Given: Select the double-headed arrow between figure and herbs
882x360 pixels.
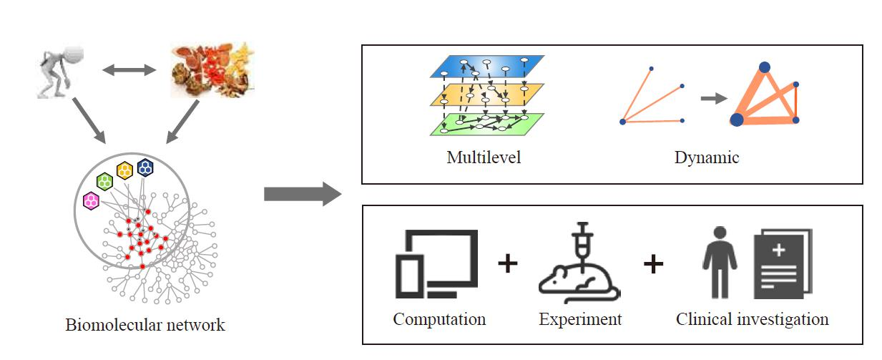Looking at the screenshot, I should point(129,70).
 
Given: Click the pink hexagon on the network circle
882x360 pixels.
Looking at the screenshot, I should point(92,201).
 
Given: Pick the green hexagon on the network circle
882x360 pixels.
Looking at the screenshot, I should point(105,181).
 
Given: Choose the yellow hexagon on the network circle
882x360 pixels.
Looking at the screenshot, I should point(125,170).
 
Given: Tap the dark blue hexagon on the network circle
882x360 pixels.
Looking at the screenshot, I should point(145,167).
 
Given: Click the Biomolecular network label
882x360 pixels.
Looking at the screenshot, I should point(144,325).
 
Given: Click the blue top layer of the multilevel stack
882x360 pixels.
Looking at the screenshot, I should point(486,67).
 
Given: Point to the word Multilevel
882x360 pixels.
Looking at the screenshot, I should point(484,157).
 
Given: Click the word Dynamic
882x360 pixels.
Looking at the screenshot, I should point(706,157).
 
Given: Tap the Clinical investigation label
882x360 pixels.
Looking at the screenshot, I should point(752,319).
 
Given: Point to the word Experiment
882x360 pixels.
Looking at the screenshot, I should point(580,319).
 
